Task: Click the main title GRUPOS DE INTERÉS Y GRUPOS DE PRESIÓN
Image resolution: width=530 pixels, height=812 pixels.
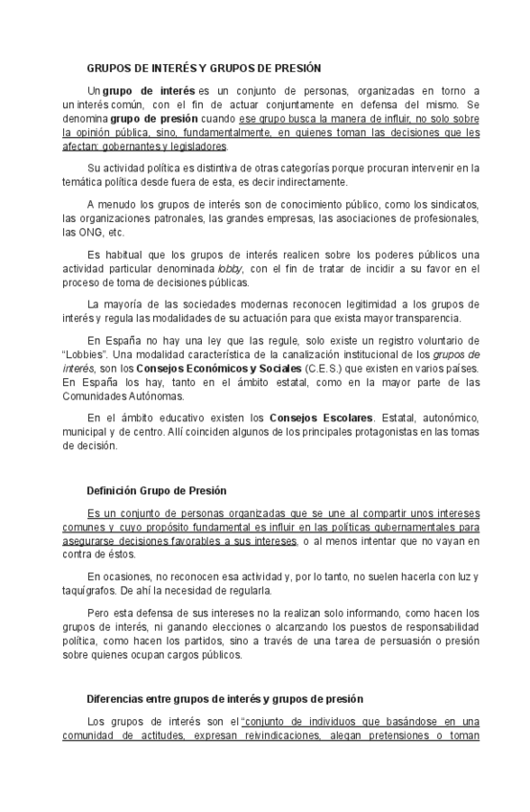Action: coord(204,68)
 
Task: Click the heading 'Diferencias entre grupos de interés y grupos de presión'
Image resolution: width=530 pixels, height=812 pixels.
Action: coord(225,699)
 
